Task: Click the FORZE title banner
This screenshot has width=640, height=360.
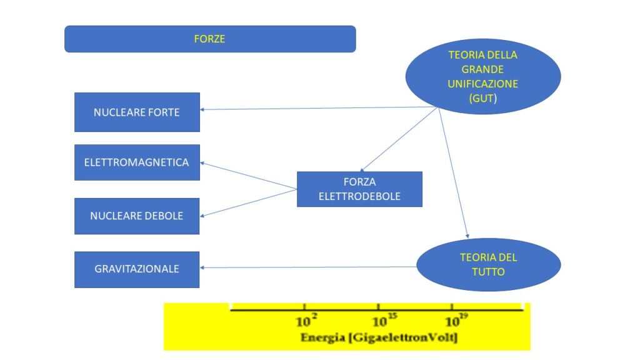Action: coord(210,39)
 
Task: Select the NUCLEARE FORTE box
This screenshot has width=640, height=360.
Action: coord(137,112)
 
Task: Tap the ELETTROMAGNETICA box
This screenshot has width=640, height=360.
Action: coord(137,162)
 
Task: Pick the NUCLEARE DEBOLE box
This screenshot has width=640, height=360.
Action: coord(137,216)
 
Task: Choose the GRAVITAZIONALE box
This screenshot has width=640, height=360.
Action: coord(137,269)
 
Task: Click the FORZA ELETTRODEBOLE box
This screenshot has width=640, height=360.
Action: coord(359,189)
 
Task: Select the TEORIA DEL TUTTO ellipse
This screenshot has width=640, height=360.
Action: coord(488,264)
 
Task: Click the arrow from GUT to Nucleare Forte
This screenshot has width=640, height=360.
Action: coord(319,109)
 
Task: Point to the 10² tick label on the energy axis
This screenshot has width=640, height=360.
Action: coord(306,322)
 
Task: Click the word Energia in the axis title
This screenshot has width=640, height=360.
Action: coord(321,338)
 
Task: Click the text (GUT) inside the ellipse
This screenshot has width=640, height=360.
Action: coord(482,98)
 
